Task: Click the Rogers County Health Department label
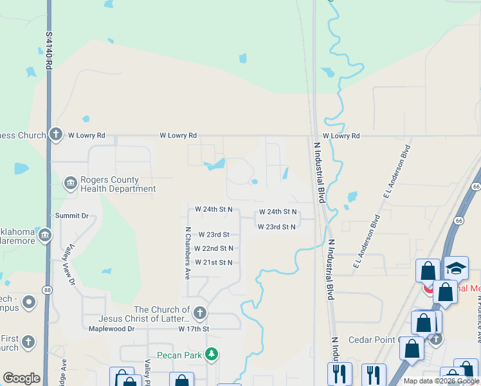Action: (x=118, y=185)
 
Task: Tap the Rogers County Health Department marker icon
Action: (x=69, y=185)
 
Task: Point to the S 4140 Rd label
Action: (x=49, y=52)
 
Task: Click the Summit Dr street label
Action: (x=71, y=216)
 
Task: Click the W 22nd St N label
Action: (x=213, y=248)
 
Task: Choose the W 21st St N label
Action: (x=213, y=262)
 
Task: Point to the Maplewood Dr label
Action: (x=111, y=329)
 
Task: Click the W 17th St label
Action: (x=194, y=329)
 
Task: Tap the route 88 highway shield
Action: (x=49, y=291)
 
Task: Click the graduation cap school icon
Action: (x=456, y=268)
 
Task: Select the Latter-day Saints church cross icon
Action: (x=200, y=314)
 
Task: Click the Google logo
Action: (x=21, y=378)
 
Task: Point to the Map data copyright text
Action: (x=440, y=381)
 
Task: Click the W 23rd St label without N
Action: (x=213, y=235)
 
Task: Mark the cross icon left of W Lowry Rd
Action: (x=56, y=134)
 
